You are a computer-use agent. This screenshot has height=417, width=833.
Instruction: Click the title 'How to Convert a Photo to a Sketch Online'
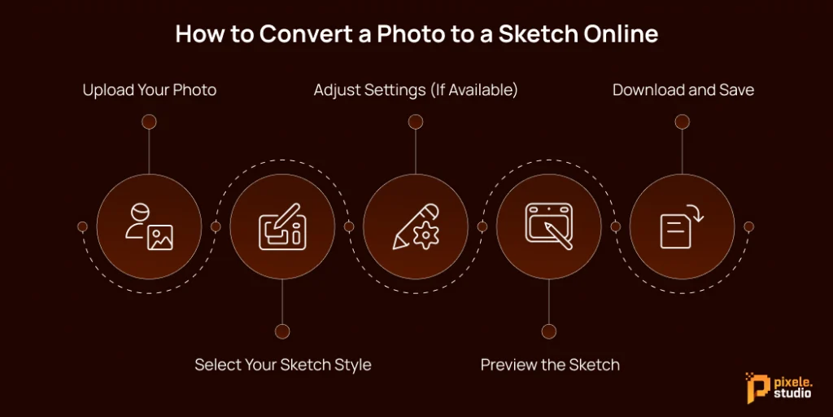point(416,35)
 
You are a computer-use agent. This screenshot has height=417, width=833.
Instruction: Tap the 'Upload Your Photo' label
point(150,90)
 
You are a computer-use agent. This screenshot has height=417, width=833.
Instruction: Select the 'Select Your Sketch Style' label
point(282,364)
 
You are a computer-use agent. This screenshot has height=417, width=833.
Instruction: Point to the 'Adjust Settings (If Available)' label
point(416,90)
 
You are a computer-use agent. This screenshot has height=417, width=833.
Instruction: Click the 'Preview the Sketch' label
point(550,364)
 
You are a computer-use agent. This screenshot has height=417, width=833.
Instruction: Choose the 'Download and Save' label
point(683,90)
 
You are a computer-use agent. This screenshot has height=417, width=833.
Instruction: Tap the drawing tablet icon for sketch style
point(282,226)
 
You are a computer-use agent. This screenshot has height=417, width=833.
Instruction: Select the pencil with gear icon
point(416,226)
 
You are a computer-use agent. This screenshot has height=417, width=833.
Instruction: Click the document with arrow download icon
point(683,226)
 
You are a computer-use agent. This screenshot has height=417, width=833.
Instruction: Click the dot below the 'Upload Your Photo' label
point(149,122)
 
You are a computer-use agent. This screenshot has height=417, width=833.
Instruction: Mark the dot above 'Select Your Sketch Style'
point(282,331)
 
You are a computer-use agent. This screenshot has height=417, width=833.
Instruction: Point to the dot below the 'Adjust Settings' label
point(416,122)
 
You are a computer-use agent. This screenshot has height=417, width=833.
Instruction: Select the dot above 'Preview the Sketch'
point(549,331)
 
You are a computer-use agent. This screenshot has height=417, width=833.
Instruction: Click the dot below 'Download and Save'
point(683,122)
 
